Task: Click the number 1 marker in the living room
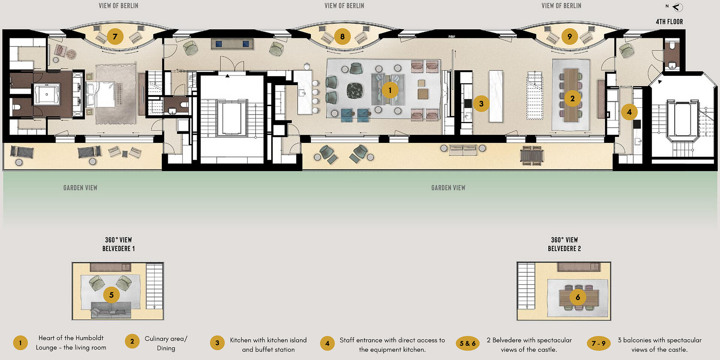coord(390,90)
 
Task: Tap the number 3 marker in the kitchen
coord(481,103)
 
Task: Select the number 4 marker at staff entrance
coord(629,112)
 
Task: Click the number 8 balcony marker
coord(342,36)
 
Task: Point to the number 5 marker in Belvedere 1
coord(111,295)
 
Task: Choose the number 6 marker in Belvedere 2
coord(577,297)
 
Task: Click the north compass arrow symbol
coord(678,7)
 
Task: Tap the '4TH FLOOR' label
coord(669,22)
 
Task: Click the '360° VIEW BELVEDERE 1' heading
coord(118,244)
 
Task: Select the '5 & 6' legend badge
coord(468,343)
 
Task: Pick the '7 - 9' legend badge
coord(598,343)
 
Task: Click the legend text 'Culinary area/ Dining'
coord(166,343)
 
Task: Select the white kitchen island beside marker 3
coord(496,96)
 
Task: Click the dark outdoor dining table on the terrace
coord(532,154)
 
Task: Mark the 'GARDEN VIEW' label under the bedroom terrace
coord(80,187)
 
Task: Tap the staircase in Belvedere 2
coord(526,286)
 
